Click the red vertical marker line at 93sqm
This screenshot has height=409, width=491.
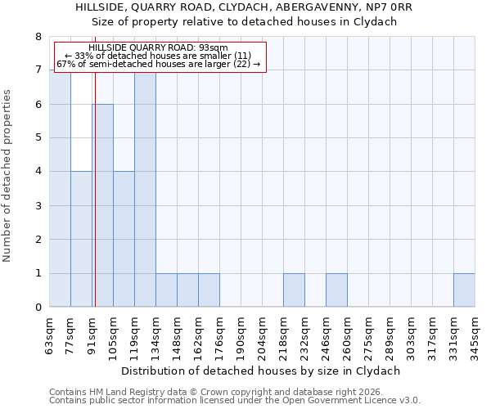(x=95, y=188)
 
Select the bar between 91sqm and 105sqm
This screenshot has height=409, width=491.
(x=102, y=205)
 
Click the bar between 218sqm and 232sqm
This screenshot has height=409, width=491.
(x=294, y=290)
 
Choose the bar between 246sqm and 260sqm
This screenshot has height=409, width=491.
(x=336, y=290)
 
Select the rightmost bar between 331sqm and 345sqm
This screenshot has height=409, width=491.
(x=464, y=290)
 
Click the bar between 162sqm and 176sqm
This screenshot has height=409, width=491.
(x=209, y=290)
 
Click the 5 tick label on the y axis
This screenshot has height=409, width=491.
(x=38, y=138)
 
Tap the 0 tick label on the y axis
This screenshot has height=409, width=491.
(x=38, y=308)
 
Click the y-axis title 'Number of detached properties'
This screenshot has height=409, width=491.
(x=8, y=176)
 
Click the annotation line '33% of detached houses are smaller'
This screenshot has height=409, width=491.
(x=157, y=56)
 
